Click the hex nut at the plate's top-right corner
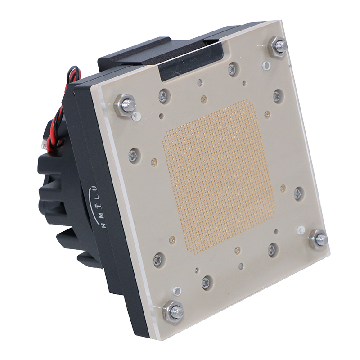277,47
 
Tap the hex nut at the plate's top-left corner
125,105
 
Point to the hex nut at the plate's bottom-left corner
173,312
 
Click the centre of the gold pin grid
220,177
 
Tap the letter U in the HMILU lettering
96,189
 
